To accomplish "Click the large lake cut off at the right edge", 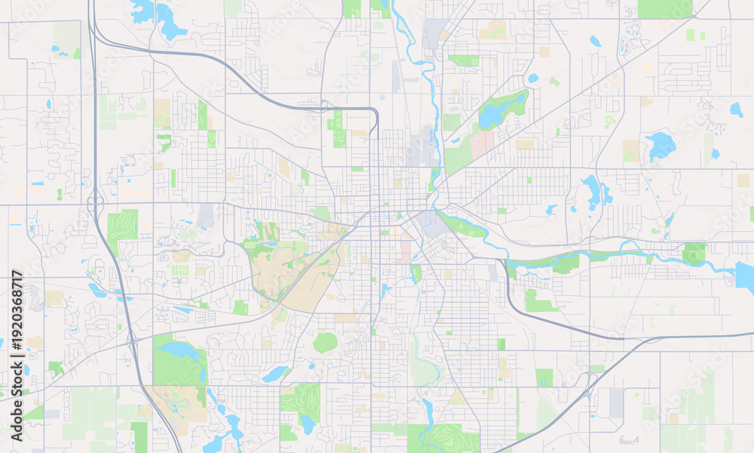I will click(745, 277).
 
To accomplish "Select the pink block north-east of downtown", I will click(483, 144).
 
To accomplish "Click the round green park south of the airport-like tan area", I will click(325, 343).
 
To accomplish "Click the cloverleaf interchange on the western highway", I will click(96, 203).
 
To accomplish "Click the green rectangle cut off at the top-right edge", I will click(664, 9).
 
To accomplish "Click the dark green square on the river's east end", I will click(694, 253).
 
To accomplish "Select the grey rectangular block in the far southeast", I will click(618, 402).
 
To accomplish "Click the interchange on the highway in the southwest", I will click(133, 341).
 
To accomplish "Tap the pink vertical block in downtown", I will click(406, 251).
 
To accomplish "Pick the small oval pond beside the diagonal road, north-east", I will click(533, 78).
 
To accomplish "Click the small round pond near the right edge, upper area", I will click(736, 109).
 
